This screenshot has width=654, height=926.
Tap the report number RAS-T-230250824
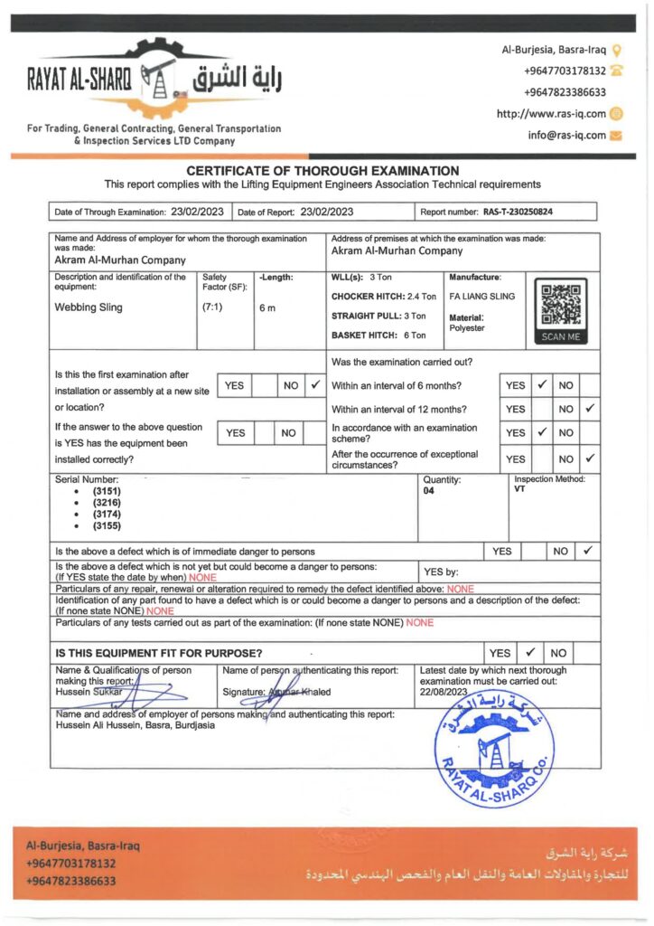click(518, 212)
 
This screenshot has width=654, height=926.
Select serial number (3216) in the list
click(107, 502)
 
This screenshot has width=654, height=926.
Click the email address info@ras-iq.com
click(566, 136)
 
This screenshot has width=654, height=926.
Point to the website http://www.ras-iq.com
click(551, 114)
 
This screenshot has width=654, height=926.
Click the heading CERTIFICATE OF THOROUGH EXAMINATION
click(322, 170)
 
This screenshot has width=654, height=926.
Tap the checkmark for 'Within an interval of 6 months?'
click(541, 385)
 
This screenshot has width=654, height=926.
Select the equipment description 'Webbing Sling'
click(89, 307)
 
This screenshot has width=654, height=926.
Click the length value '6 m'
click(267, 307)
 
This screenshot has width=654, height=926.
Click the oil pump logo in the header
click(159, 81)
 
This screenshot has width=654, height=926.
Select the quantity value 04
click(428, 490)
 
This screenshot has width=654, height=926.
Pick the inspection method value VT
click(520, 490)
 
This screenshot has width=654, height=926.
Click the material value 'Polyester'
click(467, 328)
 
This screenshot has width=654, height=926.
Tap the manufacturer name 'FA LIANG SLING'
click(482, 296)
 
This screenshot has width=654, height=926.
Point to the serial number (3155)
click(107, 525)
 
